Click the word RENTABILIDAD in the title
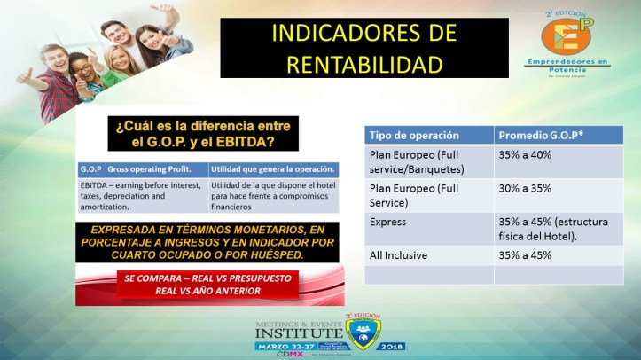coord(351,64)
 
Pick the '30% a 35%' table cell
coord(525,188)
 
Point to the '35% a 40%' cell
coord(525,155)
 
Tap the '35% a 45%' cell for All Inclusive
coord(525,255)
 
